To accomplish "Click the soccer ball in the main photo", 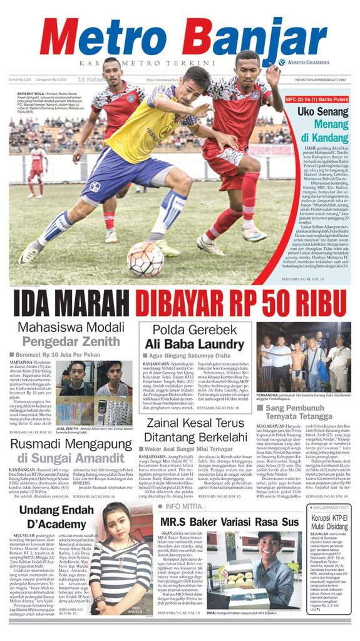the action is click(145, 259).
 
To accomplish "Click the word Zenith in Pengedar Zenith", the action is click(101, 342).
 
